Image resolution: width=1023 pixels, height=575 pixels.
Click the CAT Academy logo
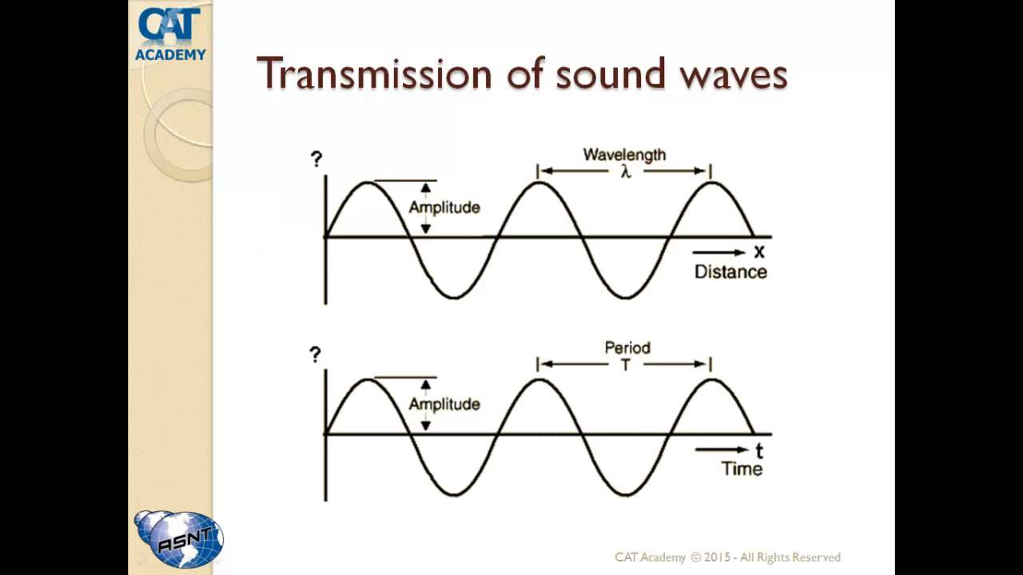coord(170,34)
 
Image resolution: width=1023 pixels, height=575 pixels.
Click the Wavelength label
coord(624,154)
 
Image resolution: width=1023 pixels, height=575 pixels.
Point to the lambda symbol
coord(626,172)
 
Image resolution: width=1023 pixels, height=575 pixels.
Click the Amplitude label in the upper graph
coord(444,208)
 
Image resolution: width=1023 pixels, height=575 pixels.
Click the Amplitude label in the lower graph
coord(444,404)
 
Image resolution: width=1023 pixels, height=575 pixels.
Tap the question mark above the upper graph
coord(316,159)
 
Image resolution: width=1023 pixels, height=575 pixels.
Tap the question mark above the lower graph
coord(316,355)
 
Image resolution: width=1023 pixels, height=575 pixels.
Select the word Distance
coord(730,272)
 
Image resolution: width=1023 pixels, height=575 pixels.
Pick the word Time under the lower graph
coord(742,469)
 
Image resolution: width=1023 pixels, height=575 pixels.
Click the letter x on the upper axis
coord(759,252)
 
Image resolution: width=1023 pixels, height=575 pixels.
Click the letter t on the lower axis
coord(759,450)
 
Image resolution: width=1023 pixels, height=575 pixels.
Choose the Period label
coord(627,348)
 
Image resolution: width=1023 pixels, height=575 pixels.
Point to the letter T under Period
coord(626,366)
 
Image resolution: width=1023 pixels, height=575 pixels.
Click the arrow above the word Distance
coord(718,253)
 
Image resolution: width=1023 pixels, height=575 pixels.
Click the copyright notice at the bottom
coord(727,557)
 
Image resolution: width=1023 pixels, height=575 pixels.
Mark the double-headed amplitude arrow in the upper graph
coord(425,208)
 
